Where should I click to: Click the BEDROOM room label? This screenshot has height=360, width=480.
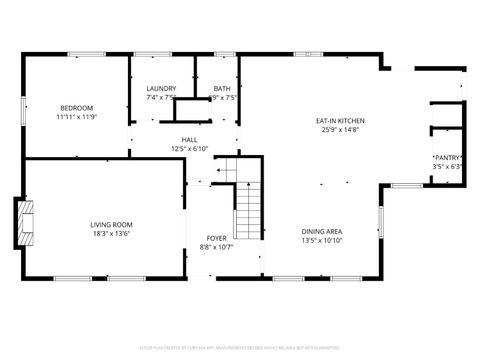pyautogui.click(x=76, y=108)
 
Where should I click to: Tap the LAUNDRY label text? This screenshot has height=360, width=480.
pyautogui.click(x=161, y=89)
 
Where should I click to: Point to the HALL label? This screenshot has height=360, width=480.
pyautogui.click(x=189, y=140)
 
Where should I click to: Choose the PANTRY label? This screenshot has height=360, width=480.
pyautogui.click(x=446, y=158)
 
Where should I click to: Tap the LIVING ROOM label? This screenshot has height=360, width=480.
pyautogui.click(x=111, y=224)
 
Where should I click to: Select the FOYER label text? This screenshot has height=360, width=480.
pyautogui.click(x=217, y=238)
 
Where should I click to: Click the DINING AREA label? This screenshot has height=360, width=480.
pyautogui.click(x=322, y=231)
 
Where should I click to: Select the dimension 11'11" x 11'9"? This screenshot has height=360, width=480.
pyautogui.click(x=76, y=117)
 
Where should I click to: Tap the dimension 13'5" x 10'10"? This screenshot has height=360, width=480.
pyautogui.click(x=322, y=240)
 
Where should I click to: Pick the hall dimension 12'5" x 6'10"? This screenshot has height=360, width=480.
pyautogui.click(x=189, y=149)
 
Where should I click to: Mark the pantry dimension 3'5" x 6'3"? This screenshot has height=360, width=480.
pyautogui.click(x=446, y=167)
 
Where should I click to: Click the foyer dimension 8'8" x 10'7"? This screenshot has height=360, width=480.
pyautogui.click(x=217, y=247)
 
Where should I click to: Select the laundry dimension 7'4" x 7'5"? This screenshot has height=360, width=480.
pyautogui.click(x=161, y=98)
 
